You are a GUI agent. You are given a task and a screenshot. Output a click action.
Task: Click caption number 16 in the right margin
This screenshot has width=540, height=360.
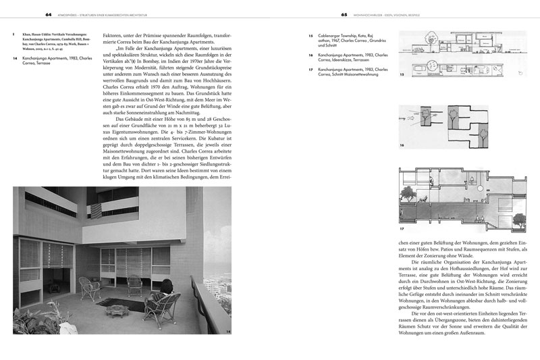310,55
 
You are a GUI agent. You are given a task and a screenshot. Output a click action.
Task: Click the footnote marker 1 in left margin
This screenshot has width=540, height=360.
15,32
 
